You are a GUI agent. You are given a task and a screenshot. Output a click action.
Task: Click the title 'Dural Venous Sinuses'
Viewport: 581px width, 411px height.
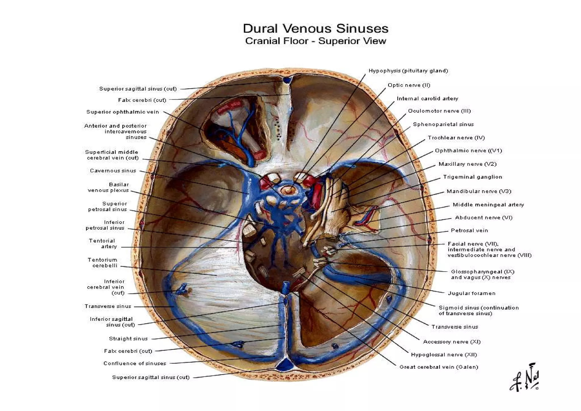315,29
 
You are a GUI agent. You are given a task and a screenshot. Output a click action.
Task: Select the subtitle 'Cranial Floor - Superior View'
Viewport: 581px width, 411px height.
315,41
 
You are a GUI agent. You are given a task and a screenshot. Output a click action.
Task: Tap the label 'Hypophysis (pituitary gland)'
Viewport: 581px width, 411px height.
408,71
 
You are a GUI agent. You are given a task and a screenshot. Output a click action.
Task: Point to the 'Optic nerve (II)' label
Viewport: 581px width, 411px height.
409,85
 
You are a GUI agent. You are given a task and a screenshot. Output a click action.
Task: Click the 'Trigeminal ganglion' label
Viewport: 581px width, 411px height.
473,177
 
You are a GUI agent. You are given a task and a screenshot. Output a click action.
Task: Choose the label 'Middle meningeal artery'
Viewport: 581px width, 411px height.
488,205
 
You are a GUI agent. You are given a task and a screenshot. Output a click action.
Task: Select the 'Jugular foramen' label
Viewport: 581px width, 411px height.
471,293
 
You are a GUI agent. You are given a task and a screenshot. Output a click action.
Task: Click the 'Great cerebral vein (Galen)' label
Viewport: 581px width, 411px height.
439,367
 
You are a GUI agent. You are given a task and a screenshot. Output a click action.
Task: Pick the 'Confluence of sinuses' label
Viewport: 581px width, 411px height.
135,364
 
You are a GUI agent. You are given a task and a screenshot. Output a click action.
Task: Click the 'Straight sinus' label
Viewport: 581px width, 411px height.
128,339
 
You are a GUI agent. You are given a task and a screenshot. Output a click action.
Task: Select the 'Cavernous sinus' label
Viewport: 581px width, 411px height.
113,171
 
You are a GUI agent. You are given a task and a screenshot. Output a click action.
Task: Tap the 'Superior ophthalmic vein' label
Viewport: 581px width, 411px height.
123,112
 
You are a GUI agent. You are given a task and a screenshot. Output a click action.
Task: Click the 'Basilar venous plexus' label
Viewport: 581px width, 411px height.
108,188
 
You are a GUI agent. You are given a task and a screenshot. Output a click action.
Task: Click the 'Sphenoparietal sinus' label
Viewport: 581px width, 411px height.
443,124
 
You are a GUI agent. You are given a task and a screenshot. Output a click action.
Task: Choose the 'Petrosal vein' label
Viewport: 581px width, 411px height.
469,230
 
